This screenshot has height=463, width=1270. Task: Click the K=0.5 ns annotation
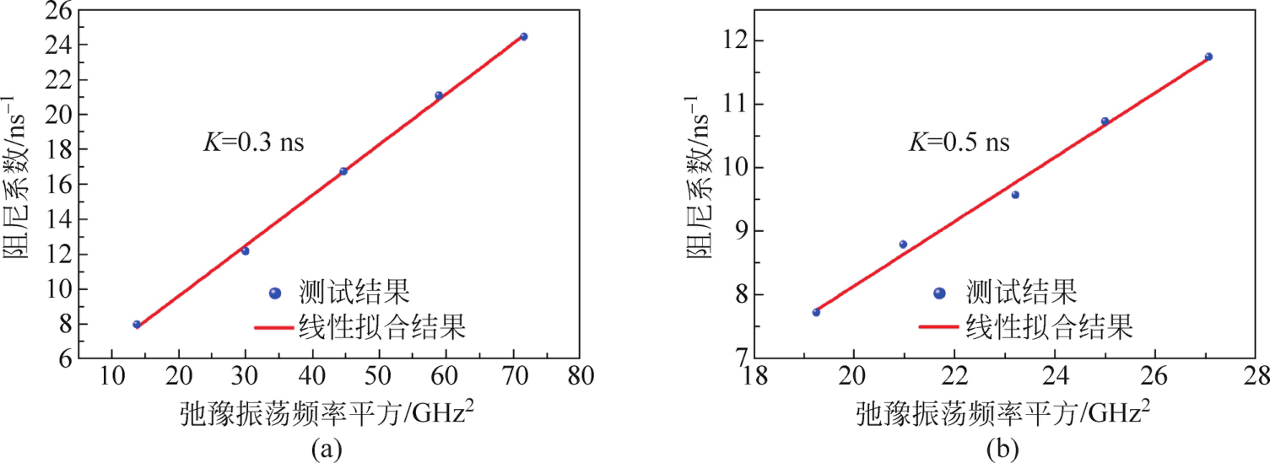tap(958, 142)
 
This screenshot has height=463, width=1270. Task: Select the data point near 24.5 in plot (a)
tap(523, 37)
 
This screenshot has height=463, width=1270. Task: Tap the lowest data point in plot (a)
tap(137, 324)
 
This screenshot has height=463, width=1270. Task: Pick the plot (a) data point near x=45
tap(343, 171)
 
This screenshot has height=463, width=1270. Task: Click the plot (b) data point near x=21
tap(903, 245)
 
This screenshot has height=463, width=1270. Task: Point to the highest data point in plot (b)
tap(1208, 57)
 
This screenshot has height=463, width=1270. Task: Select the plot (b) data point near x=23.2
tap(1015, 195)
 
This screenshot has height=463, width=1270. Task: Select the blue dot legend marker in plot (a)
tap(273, 293)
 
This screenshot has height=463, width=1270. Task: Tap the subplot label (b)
tap(1003, 450)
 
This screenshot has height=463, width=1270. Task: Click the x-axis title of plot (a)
tap(332, 413)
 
